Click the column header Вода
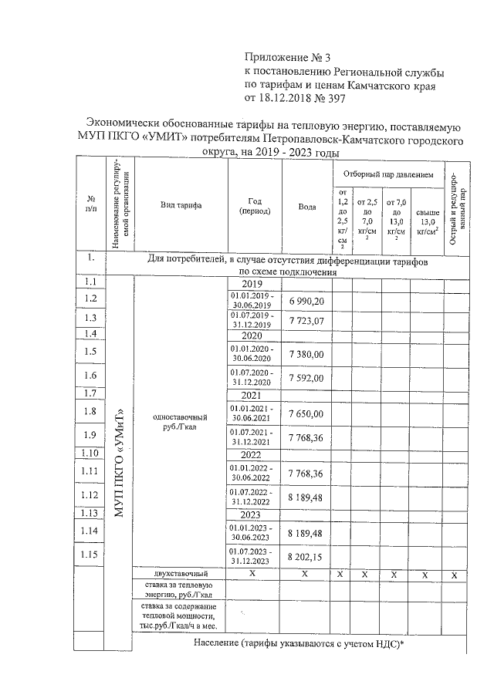click(307, 206)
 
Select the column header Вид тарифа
click(181, 206)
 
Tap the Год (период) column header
click(255, 206)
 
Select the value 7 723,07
click(307, 320)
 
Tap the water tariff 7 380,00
click(307, 353)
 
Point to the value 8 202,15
click(307, 556)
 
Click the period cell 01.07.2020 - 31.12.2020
click(255, 377)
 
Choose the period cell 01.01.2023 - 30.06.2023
click(255, 532)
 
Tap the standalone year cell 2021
click(255, 395)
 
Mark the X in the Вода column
click(307, 575)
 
